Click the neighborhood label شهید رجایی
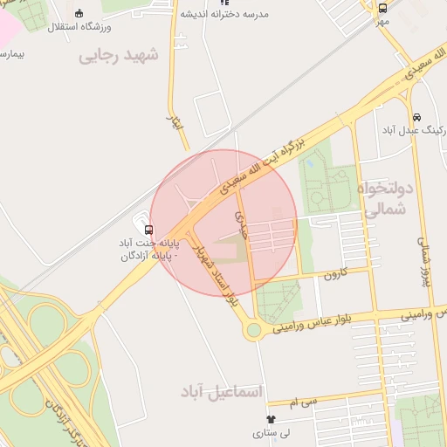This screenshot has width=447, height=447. (x=119, y=55)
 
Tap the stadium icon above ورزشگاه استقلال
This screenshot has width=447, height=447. (x=79, y=13)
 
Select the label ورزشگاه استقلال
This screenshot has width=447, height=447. (x=79, y=27)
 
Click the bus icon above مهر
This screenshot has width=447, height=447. (x=382, y=9)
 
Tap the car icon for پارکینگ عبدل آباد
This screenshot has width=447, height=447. (x=416, y=117)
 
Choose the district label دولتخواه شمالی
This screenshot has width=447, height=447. (x=383, y=199)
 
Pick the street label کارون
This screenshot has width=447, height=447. (x=336, y=274)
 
